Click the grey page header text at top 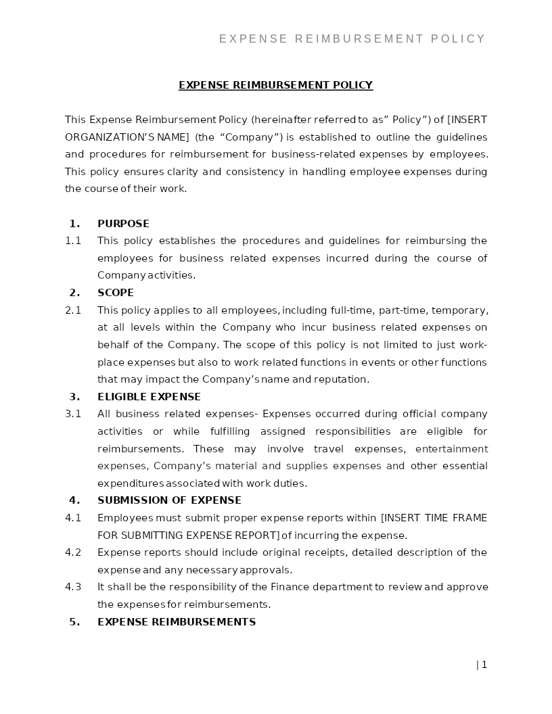point(352,39)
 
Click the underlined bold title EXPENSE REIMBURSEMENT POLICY point(275,85)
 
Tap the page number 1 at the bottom point(484,665)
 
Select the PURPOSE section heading point(123,224)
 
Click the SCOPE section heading point(116,293)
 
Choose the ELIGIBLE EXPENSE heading point(149,397)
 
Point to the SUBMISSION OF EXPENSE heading point(169,500)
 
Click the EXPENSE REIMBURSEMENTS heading point(177,622)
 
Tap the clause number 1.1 point(73,241)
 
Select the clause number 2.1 point(73,310)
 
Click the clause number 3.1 point(73,414)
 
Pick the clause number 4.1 point(73,518)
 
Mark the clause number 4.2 point(73,552)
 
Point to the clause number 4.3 point(73,587)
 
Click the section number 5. point(74,622)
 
